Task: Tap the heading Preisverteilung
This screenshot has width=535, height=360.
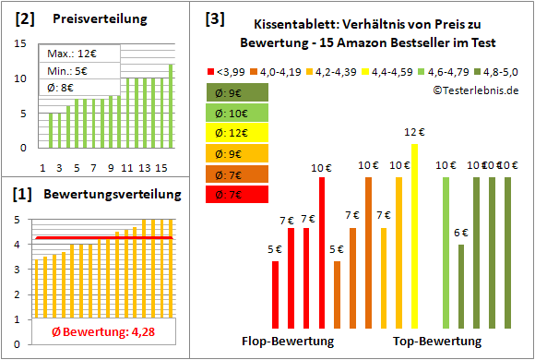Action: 90,19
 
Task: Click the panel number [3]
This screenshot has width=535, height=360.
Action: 214,18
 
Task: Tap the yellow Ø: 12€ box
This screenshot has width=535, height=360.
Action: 238,133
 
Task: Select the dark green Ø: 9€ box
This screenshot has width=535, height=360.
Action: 238,92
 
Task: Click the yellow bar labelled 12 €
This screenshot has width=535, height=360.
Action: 414,235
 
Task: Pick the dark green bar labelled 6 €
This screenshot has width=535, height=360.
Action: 461,285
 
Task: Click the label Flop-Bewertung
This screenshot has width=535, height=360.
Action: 289,342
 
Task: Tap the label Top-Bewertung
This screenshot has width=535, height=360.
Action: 437,342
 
